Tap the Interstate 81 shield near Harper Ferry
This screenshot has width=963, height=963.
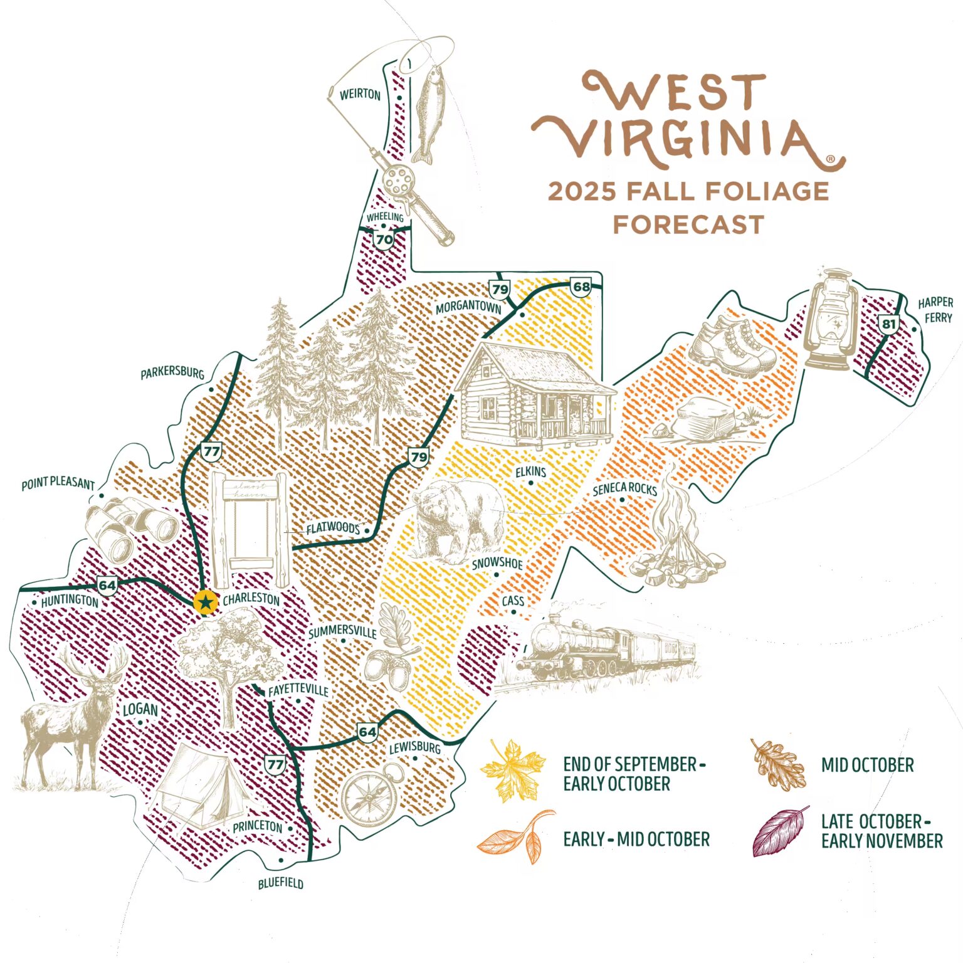pos(888,324)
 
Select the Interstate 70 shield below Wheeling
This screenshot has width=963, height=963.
pos(384,239)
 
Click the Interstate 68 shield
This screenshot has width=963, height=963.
pos(581,287)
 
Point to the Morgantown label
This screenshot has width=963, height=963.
pos(468,307)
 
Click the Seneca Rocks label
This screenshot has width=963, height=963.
pos(624,488)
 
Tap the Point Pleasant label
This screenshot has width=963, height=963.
pos(58,485)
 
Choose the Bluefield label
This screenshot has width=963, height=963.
pos(281,883)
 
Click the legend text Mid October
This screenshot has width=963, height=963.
pos(867,765)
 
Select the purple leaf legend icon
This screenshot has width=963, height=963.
pos(780,831)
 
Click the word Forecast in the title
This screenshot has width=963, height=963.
pos(688,224)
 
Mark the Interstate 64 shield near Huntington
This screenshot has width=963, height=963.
pos(107,586)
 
